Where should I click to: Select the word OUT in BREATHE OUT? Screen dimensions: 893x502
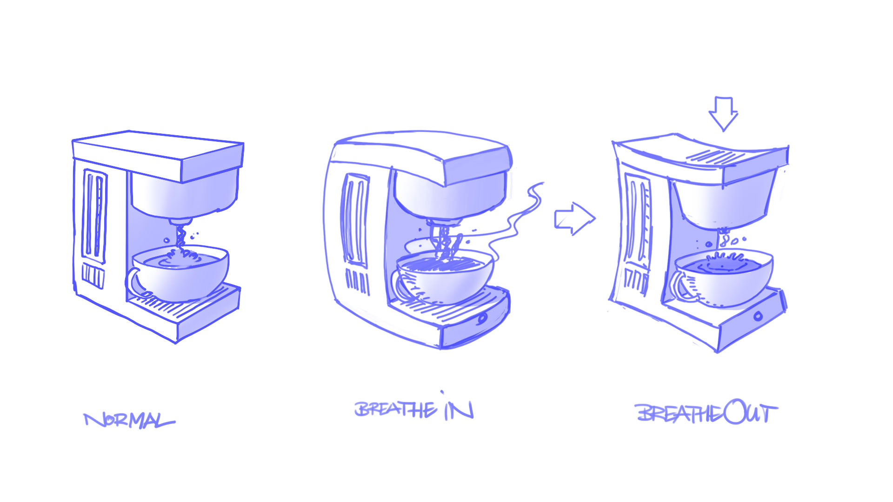pos(750,412)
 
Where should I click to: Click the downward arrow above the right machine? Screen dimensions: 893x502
pos(723,114)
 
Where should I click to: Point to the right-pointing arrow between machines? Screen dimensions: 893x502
pos(575,218)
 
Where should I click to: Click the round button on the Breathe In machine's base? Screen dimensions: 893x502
pos(482,318)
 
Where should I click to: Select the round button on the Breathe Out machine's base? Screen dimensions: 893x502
pos(758,316)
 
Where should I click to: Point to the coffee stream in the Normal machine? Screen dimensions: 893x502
pos(180,237)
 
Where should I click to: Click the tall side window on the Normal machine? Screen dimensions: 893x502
pos(94,216)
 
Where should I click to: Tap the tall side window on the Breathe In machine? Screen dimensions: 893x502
pos(356,221)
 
